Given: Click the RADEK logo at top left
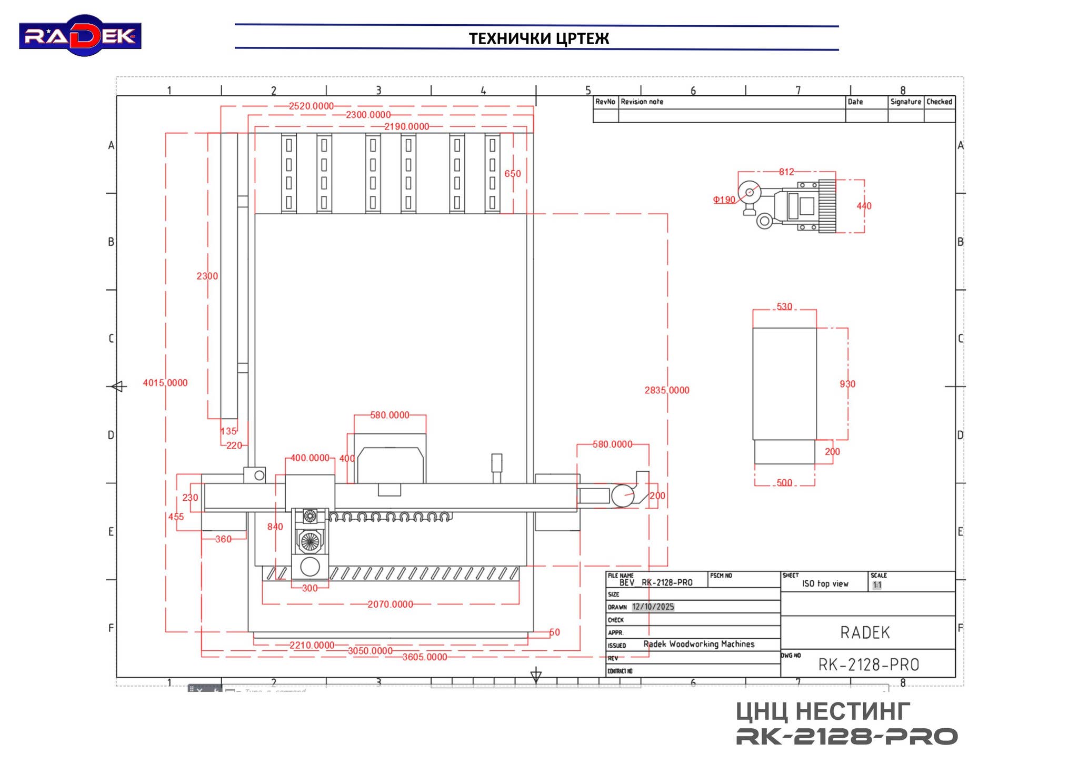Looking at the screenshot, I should click(80, 35).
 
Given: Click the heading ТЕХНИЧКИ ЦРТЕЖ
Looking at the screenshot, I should click(538, 38).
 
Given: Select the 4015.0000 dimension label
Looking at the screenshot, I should click(165, 383).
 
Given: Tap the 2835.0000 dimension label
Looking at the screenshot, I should click(666, 390).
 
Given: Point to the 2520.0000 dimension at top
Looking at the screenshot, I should click(311, 106).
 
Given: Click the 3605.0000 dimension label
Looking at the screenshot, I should click(425, 657).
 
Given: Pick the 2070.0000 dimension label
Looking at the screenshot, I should click(390, 604).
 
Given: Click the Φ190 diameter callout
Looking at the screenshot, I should click(724, 200).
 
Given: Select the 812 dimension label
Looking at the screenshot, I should click(786, 172).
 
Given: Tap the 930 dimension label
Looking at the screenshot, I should click(847, 384).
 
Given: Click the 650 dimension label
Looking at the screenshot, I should click(512, 173).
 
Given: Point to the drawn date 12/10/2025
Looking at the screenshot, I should click(653, 607).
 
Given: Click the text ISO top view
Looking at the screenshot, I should click(825, 583).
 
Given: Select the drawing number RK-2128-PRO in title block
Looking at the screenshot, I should click(869, 665).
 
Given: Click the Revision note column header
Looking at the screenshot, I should click(642, 102).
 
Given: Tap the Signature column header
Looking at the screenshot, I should click(905, 102).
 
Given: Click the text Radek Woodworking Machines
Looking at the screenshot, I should click(698, 644).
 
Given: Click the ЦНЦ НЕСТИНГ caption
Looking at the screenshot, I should click(823, 711).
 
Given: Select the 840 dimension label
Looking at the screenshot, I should click(275, 527).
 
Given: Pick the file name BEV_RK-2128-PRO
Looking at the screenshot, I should click(656, 582).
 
